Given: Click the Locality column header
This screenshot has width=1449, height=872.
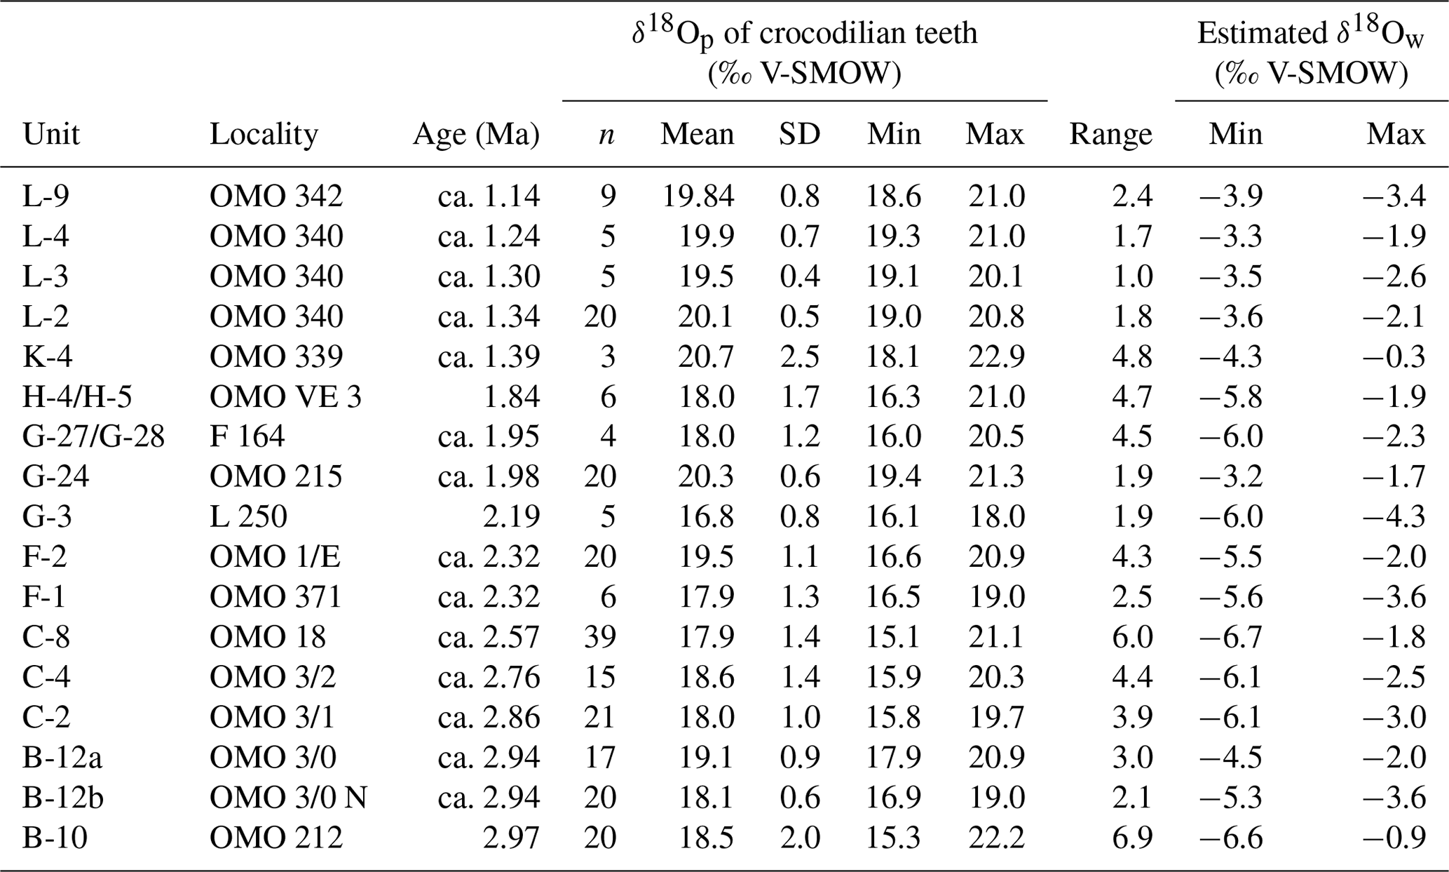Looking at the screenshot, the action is pyautogui.click(x=264, y=134).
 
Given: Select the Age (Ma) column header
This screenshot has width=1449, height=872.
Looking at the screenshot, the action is pyautogui.click(x=476, y=134).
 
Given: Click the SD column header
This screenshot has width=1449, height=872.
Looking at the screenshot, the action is pyautogui.click(x=799, y=134).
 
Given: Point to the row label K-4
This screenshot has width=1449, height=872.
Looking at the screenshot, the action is pyautogui.click(x=47, y=356).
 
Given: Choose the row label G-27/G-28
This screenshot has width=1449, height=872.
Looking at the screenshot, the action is pyautogui.click(x=93, y=436).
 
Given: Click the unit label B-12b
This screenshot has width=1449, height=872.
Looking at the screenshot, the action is pyautogui.click(x=62, y=798).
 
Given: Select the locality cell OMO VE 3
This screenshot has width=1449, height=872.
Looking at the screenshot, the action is pyautogui.click(x=285, y=396).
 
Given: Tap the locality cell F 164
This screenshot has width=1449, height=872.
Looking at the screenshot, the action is pyautogui.click(x=247, y=436).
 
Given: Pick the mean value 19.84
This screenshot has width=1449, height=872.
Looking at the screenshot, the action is pyautogui.click(x=699, y=196).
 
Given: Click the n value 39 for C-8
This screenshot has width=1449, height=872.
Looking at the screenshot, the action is pyautogui.click(x=600, y=637).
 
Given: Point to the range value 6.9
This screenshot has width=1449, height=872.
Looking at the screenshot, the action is pyautogui.click(x=1132, y=838).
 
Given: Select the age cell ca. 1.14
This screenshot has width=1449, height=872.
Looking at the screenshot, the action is pyautogui.click(x=489, y=196).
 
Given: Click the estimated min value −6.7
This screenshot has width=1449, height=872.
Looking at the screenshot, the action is pyautogui.click(x=1231, y=637).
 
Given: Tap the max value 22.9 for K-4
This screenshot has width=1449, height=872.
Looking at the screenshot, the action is pyautogui.click(x=996, y=356).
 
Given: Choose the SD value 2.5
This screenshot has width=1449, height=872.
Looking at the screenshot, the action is pyautogui.click(x=799, y=356).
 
